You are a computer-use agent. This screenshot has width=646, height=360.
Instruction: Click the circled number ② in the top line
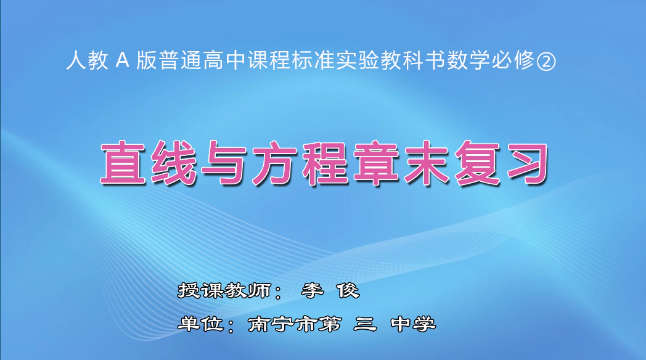point(546,62)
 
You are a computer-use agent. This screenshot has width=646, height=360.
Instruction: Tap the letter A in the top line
point(121,62)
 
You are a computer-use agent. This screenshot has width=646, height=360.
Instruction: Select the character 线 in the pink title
point(172,164)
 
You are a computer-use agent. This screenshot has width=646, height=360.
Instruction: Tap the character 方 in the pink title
point(275,164)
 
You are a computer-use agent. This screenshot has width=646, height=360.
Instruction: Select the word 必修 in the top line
point(514,62)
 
